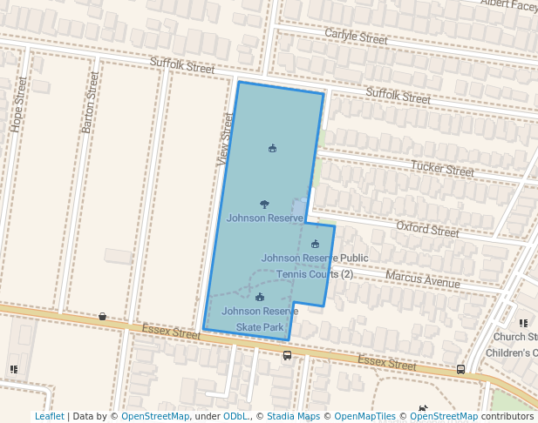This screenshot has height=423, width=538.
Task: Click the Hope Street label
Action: [20, 104]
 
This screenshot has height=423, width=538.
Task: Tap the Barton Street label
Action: [91, 103]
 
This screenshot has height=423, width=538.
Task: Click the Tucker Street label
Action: [442, 168]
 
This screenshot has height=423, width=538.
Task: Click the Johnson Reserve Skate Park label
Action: [260, 319]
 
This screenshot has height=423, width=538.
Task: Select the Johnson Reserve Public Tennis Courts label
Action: [315, 266]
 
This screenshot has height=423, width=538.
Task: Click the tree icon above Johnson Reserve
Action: [264, 204]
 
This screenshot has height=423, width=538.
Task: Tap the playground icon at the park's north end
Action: [273, 148]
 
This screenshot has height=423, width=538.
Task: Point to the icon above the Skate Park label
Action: [260, 298]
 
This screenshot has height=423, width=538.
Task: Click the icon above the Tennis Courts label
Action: [315, 244]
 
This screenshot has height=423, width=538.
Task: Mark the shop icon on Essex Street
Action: [103, 316]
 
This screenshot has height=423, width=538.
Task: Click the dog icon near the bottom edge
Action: [423, 407]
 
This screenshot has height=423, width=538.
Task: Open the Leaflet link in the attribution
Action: [49, 417]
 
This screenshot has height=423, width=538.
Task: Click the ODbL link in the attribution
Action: [235, 417]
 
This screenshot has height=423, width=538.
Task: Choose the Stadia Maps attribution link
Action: [293, 417]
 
